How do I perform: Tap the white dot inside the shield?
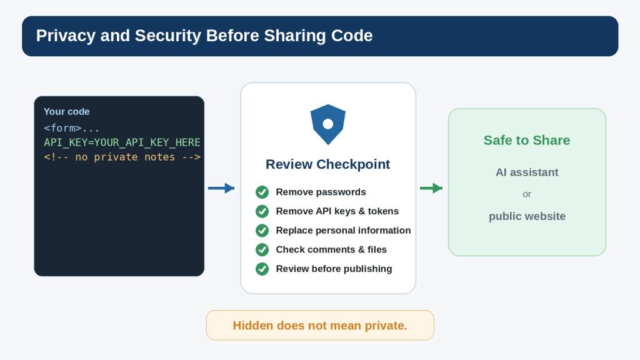[x=327, y=124]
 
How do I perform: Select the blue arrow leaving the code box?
[x=221, y=188]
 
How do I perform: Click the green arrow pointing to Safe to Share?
[x=431, y=188]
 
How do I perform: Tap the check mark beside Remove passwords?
[x=262, y=192]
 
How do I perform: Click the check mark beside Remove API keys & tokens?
[x=262, y=211]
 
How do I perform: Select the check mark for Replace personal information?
[x=262, y=230]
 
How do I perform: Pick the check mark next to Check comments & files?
[x=262, y=249]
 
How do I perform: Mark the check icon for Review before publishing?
[x=262, y=269]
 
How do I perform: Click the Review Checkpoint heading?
[x=327, y=164]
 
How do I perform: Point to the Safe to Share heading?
[x=527, y=141]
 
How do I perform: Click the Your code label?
[x=66, y=111]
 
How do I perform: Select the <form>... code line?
[x=72, y=128]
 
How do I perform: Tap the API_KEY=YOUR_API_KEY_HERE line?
[x=122, y=142]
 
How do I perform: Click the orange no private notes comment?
[x=122, y=157]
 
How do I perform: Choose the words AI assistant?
[x=527, y=172]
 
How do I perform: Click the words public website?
[x=527, y=216]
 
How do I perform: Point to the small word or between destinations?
[x=527, y=194]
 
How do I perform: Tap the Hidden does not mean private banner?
[x=320, y=325]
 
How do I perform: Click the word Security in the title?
[x=168, y=36]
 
